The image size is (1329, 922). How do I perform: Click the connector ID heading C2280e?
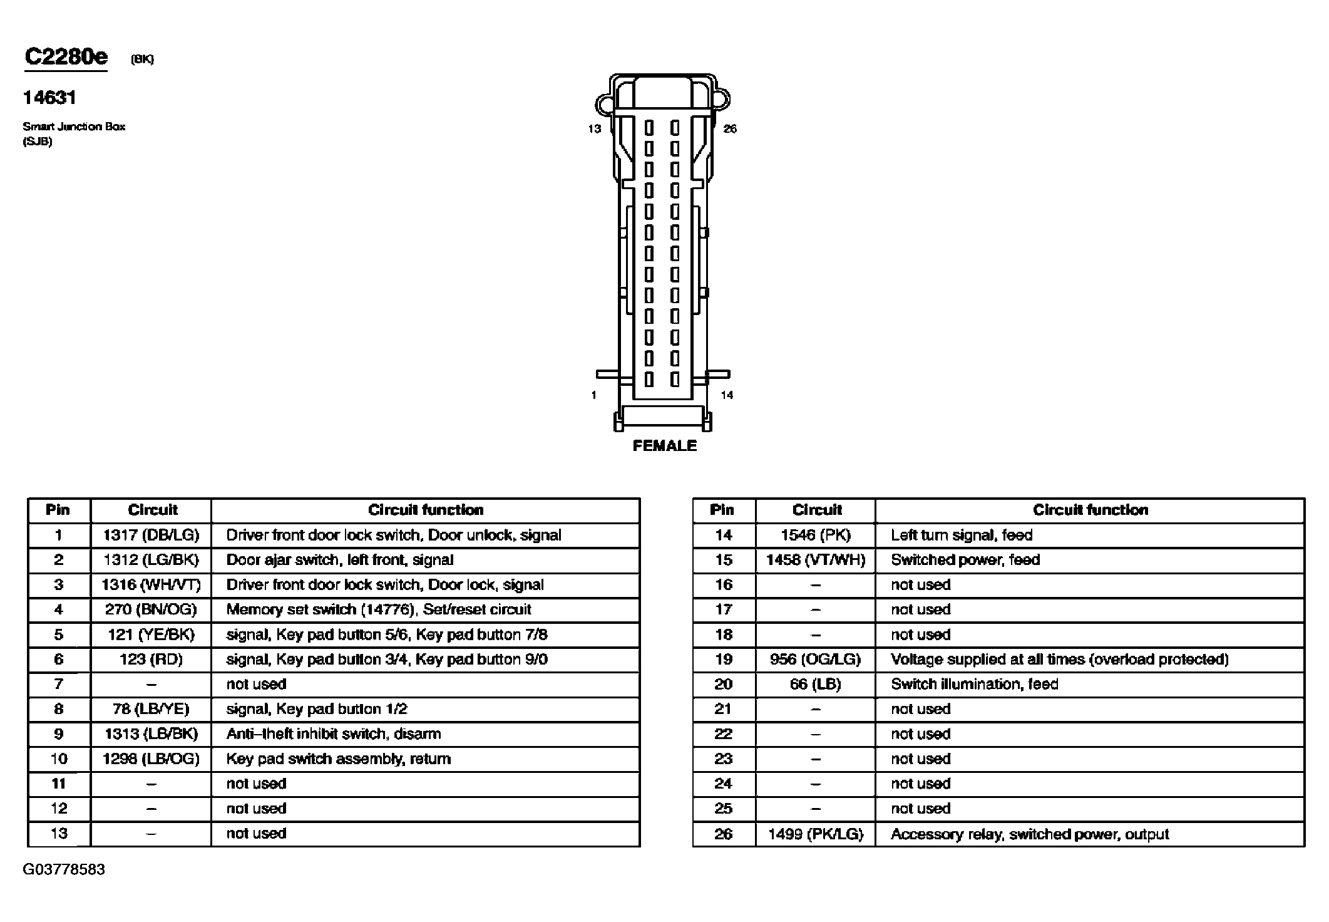point(66,58)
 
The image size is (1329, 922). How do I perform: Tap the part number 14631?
point(49,98)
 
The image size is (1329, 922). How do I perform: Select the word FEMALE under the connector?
point(664,446)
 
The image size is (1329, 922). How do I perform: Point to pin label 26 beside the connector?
point(730,129)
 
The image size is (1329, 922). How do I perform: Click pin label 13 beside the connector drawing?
point(594,129)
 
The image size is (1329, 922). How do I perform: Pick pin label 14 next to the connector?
point(727,395)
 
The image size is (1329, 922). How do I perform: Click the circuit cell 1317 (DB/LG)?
point(151,536)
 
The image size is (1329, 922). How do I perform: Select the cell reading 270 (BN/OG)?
point(151,609)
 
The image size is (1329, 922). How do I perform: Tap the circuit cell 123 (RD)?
point(151,660)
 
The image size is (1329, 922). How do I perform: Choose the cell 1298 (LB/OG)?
point(151,759)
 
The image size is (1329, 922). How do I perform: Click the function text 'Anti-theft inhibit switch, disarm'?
point(333,734)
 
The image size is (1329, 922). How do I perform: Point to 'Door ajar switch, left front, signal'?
point(339,560)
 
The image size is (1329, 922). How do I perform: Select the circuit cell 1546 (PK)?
point(815,536)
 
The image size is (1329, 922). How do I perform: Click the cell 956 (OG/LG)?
point(815,660)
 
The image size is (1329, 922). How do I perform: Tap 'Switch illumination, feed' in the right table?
point(974,684)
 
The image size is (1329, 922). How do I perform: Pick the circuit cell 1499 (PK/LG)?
point(815,834)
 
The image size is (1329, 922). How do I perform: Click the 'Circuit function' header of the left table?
point(426,510)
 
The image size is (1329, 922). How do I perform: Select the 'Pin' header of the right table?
point(722,510)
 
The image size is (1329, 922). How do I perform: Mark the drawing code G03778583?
point(64,870)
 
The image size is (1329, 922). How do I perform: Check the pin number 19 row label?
point(723,660)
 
